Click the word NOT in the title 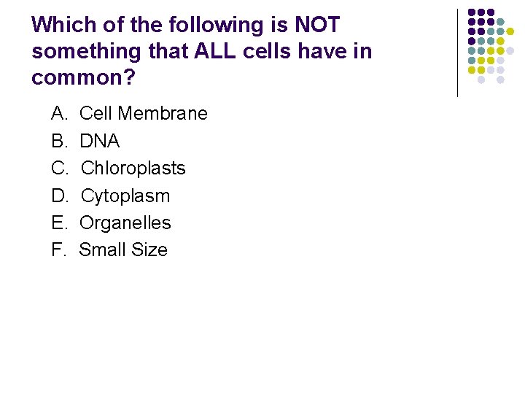[x=316, y=25]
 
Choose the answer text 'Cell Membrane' [x=144, y=114]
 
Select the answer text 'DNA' [x=99, y=141]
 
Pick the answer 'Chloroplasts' [x=133, y=168]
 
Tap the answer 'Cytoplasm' [x=125, y=196]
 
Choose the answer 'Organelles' [x=125, y=223]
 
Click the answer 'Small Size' [x=123, y=250]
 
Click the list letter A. [x=58, y=114]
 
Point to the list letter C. [x=58, y=168]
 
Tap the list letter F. [x=58, y=250]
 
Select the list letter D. [x=58, y=196]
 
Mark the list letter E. [x=58, y=223]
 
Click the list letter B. [x=58, y=141]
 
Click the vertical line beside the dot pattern [x=457, y=53]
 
